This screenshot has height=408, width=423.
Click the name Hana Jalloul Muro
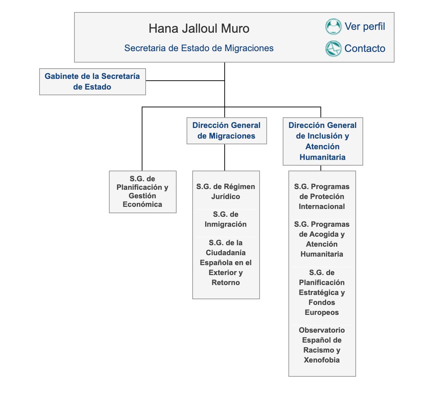(199, 28)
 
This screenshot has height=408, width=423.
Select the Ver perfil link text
(365, 27)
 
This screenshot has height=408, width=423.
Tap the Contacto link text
(365, 48)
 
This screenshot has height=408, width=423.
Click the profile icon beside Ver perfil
(333, 27)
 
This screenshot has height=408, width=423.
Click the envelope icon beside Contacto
(333, 49)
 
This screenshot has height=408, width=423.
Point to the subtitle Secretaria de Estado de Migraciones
(199, 48)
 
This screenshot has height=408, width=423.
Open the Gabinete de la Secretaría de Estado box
(92, 81)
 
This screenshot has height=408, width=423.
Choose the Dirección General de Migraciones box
(226, 130)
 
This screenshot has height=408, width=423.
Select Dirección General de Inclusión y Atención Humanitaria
(323, 141)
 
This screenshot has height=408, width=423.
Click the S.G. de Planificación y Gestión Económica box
(142, 192)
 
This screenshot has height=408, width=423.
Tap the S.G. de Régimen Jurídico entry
(226, 192)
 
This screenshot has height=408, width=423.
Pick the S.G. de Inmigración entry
(226, 219)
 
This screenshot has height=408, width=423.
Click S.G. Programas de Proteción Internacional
(322, 197)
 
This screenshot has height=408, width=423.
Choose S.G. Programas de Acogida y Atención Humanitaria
(322, 239)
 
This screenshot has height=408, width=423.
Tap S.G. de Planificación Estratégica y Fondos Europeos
(322, 292)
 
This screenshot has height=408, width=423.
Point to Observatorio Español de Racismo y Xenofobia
(322, 345)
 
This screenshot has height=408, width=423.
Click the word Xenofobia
(322, 360)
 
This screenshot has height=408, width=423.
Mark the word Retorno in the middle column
(226, 283)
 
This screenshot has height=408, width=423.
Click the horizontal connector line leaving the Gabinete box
(185, 81)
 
